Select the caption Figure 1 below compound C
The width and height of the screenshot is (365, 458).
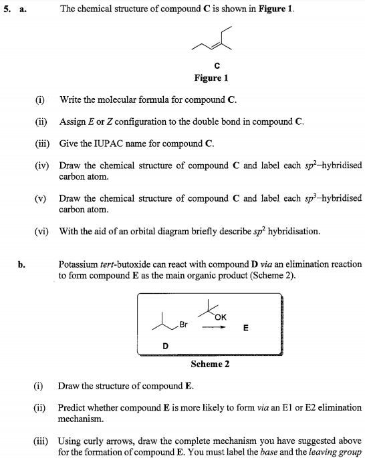point(211,78)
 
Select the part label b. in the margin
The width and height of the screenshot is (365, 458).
point(22,264)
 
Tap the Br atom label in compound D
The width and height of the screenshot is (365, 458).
point(184,325)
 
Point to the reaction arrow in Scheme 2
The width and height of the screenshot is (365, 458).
point(213,327)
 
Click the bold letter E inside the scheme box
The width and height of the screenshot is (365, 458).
point(245,328)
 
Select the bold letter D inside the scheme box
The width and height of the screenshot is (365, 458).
point(165,345)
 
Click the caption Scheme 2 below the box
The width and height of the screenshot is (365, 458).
point(211,364)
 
